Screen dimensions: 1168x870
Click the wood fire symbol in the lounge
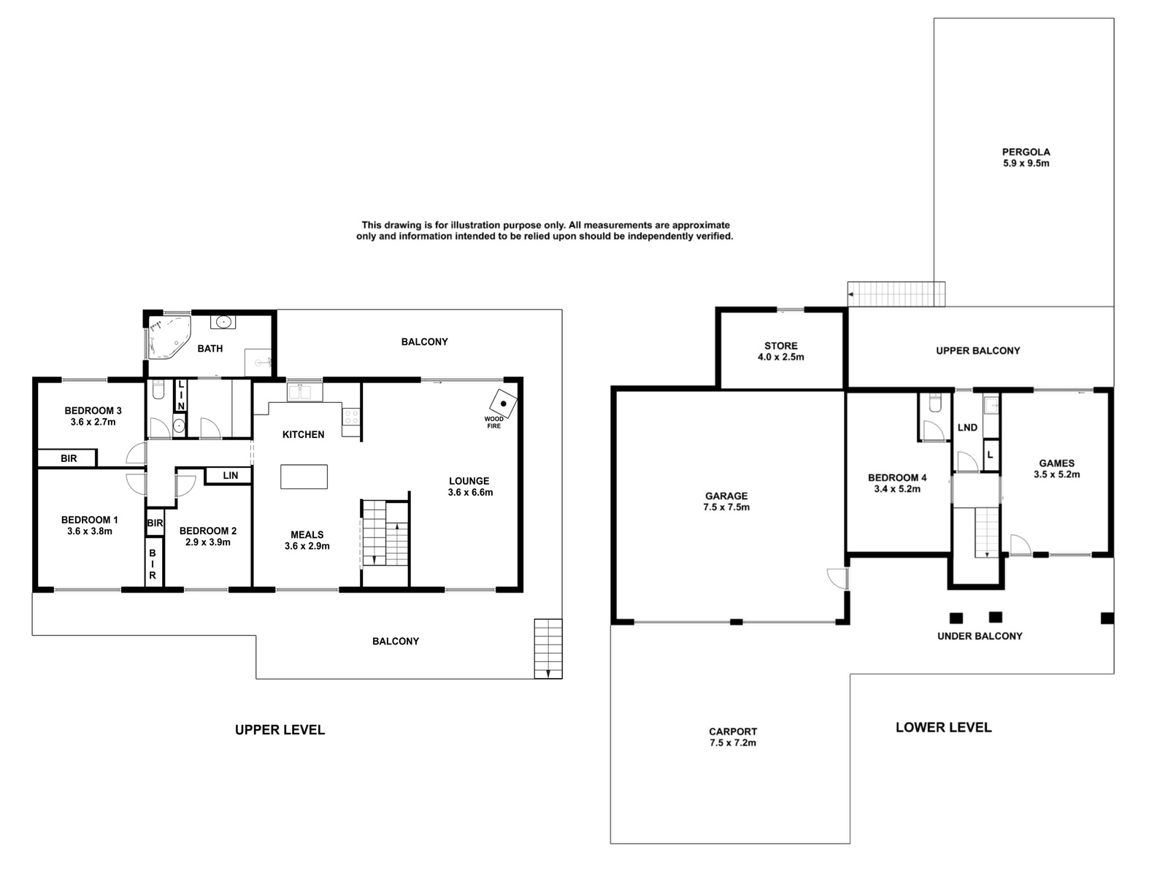(x=503, y=404)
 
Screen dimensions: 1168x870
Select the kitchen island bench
(x=304, y=477)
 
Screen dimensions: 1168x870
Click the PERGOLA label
(x=1026, y=153)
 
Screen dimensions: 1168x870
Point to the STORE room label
(x=781, y=346)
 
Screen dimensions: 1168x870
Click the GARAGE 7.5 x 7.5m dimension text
(x=726, y=507)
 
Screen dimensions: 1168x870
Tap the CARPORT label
(x=732, y=731)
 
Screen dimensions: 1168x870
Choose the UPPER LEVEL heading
(x=280, y=730)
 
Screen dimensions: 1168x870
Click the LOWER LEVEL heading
(x=944, y=727)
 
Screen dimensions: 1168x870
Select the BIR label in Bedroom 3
(x=69, y=458)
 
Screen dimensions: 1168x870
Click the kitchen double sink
(x=305, y=393)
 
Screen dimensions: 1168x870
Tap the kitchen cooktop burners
(x=351, y=417)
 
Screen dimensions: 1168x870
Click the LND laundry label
(x=967, y=428)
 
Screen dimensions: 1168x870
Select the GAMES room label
(x=1056, y=463)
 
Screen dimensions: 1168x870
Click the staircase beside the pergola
(x=896, y=294)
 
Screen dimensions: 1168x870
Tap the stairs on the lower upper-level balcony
(x=548, y=649)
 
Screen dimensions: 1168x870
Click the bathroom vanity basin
(x=223, y=321)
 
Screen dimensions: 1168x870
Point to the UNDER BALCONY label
(x=980, y=636)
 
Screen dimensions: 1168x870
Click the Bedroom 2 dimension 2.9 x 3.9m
(x=207, y=542)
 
